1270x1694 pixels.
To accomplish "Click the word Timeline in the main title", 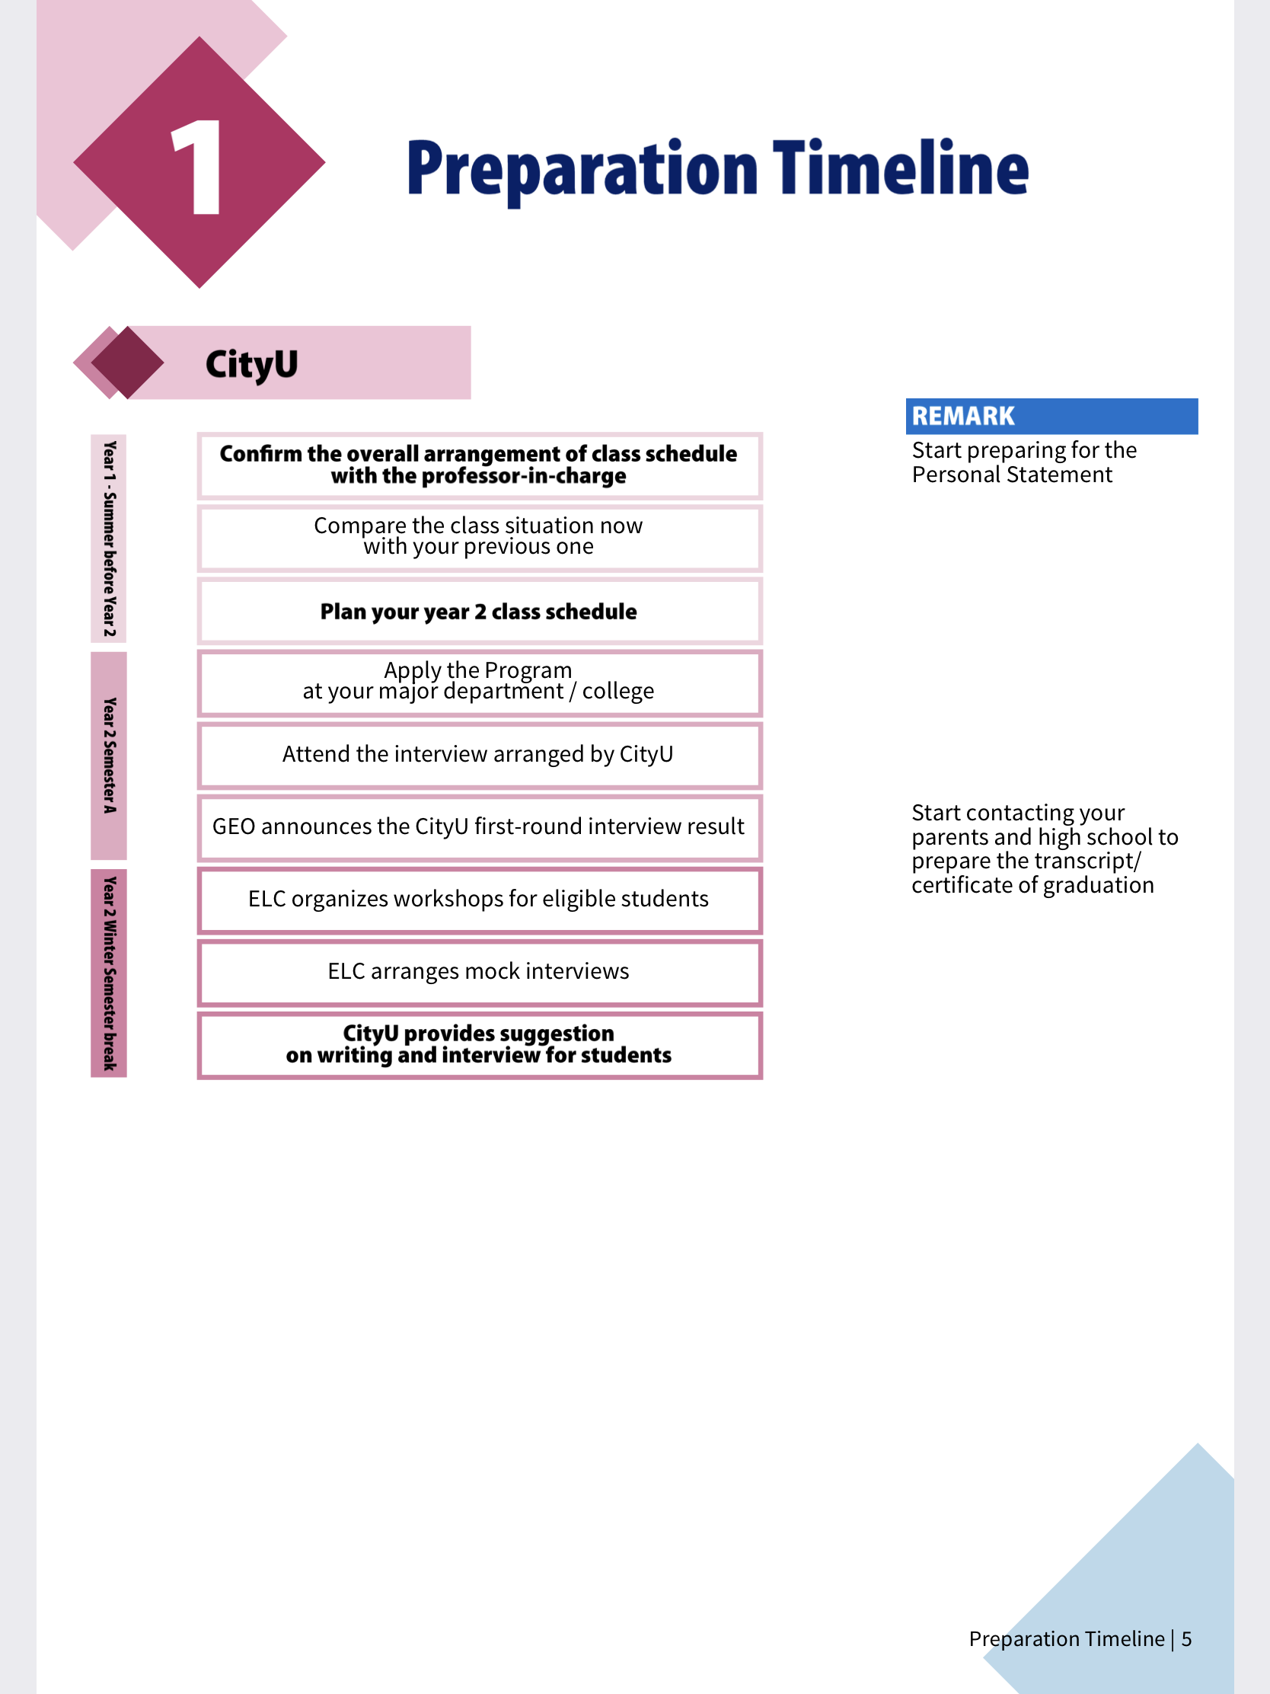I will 900,168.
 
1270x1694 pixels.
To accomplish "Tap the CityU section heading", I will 251,364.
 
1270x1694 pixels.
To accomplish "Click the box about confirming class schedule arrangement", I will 479,465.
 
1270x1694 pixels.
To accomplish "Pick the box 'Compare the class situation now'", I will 479,536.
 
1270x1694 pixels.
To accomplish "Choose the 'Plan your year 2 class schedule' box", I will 479,611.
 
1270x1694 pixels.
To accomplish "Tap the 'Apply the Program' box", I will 479,681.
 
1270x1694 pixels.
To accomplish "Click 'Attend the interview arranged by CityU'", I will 479,754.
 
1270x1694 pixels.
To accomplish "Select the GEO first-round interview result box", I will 479,827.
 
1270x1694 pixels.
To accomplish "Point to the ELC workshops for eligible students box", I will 479,899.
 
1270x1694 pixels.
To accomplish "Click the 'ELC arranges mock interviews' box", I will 479,971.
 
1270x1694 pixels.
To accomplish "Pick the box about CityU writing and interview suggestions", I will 479,1044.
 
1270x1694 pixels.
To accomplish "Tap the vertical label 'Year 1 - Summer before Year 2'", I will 110,539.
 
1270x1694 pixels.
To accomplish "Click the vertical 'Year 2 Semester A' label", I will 110,756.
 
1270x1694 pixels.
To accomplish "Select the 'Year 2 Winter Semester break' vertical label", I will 110,973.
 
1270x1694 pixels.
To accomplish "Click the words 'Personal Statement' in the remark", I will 1011,475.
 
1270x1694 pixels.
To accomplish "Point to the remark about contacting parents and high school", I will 1043,849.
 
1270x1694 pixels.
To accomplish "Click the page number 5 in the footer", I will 1185,1639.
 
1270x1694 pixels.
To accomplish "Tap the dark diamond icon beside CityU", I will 127,363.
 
